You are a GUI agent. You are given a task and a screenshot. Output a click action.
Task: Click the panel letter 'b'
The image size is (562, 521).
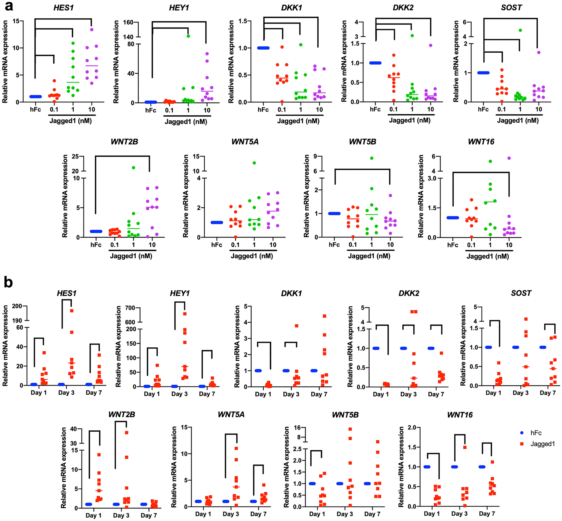8,283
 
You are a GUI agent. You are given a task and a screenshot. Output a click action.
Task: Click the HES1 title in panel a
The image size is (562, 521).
64,8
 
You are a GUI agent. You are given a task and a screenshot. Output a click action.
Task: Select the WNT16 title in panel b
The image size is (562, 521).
460,415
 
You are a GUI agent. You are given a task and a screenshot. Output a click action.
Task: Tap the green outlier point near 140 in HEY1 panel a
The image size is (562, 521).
188,36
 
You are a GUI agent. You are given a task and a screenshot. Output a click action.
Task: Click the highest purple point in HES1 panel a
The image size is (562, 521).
92,29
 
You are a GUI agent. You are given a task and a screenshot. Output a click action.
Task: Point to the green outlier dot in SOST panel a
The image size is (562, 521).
520,30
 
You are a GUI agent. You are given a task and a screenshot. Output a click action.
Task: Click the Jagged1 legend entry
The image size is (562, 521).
542,444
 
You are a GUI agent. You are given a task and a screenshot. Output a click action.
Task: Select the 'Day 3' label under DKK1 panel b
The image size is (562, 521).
291,394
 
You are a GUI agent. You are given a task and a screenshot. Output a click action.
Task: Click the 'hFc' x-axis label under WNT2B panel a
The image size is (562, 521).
96,245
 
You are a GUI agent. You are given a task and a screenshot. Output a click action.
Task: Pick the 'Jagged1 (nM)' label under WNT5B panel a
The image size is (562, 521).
369,256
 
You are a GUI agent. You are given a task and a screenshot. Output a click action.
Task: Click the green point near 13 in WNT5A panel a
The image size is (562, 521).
254,163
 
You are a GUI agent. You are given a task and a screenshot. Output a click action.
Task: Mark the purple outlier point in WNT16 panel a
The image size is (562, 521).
509,158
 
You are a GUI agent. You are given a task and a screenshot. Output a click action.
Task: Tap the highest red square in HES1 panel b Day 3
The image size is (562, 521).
72,311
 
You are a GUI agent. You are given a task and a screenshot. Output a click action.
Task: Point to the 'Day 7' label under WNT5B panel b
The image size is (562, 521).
372,514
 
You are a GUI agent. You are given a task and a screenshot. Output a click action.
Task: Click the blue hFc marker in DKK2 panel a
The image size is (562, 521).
375,63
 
